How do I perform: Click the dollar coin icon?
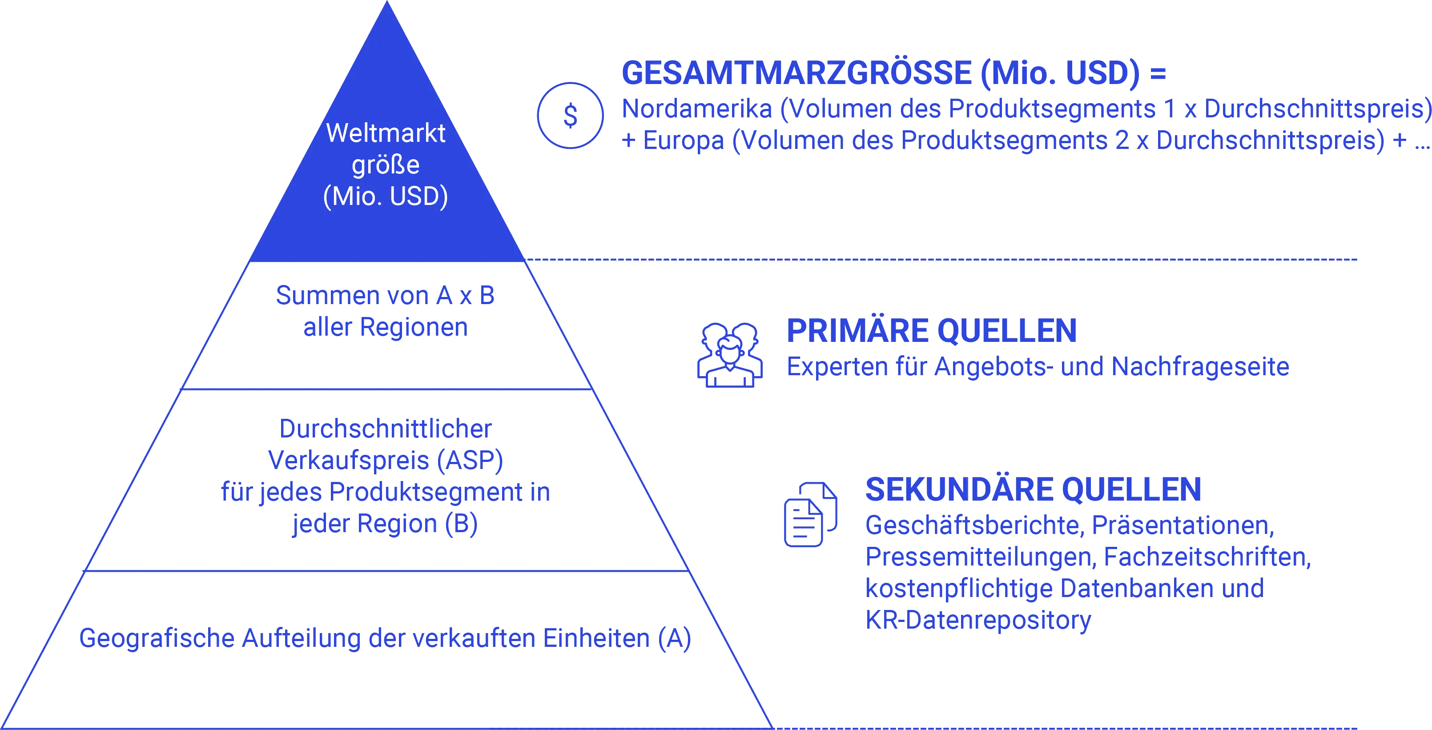[x=570, y=116]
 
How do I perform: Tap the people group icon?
[x=730, y=354]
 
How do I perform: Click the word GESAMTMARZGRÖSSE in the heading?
[x=796, y=73]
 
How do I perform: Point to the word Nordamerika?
[x=696, y=109]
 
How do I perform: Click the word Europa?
[x=684, y=140]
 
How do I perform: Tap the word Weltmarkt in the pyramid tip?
[x=386, y=133]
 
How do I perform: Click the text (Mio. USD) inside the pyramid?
[x=386, y=196]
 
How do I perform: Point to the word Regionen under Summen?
[x=414, y=327]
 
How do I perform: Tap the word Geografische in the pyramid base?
[x=157, y=638]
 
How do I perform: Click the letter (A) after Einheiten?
[x=674, y=638]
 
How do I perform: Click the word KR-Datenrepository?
[x=978, y=619]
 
